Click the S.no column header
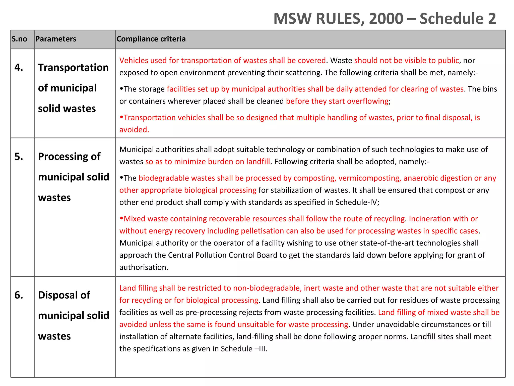(19, 39)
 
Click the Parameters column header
(56, 39)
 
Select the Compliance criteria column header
(151, 39)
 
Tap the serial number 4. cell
(19, 68)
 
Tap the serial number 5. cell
(19, 157)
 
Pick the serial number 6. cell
(19, 295)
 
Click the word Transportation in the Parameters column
(73, 68)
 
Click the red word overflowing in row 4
(368, 101)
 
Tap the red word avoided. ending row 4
(134, 130)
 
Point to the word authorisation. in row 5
(144, 267)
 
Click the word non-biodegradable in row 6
(267, 288)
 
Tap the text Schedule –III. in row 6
(244, 349)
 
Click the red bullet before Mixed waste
(121, 219)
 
